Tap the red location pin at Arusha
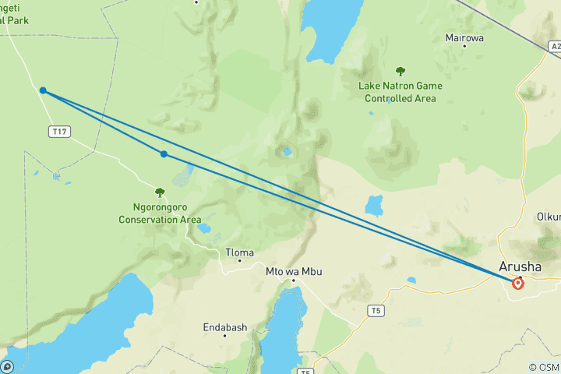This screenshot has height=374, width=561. click(518, 283)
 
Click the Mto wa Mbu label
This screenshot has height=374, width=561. click(294, 271)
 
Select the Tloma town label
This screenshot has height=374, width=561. click(239, 252)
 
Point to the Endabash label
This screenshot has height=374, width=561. click(224, 327)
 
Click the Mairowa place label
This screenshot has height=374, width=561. click(464, 37)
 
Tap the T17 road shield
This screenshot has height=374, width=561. click(58, 132)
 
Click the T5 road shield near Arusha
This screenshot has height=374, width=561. click(376, 311)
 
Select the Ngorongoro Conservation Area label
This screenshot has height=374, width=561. click(160, 213)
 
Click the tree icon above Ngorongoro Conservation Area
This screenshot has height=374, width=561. click(160, 192)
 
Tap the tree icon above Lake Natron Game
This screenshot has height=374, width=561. click(400, 72)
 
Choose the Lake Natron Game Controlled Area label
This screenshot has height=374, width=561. click(400, 92)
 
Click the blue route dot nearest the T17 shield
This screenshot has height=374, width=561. click(43, 91)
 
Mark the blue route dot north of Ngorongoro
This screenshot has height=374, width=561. click(164, 154)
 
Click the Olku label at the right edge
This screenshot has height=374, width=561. click(549, 217)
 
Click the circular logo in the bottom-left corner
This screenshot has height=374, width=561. click(7, 366)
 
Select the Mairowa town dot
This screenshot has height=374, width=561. click(464, 46)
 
